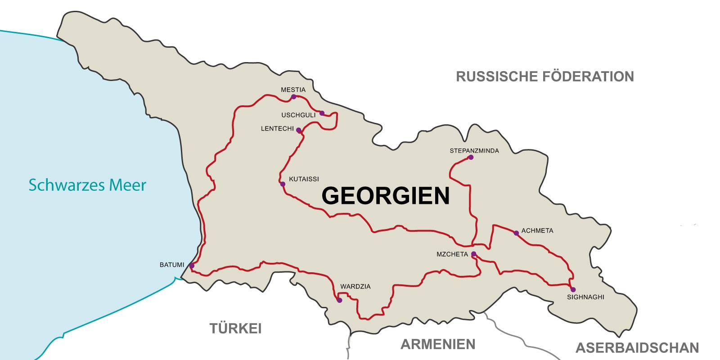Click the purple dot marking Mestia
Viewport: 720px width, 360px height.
coord(293,97)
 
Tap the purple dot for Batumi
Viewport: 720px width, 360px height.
coord(192,266)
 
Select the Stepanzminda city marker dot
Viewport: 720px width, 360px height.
coord(471,157)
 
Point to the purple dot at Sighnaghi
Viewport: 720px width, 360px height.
coord(573,289)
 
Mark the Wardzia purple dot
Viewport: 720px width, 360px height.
coord(339,300)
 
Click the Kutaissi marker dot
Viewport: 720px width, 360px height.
coord(283,184)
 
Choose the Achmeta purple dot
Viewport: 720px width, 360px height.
coord(516,233)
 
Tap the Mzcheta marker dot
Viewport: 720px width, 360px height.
coord(473,254)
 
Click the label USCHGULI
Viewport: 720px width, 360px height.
coord(298,115)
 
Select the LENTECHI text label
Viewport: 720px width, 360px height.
coord(277,129)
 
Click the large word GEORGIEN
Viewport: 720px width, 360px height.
coord(386,196)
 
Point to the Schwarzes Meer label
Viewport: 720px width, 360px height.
coord(87,185)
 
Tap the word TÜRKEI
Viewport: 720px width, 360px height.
coord(235,328)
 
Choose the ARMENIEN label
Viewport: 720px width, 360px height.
coord(438,344)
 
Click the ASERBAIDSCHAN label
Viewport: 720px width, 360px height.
coord(637,348)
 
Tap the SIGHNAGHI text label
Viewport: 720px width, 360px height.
coord(585,297)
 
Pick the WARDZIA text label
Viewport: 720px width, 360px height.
coord(355,287)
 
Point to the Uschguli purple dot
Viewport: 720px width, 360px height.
coord(322,113)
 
